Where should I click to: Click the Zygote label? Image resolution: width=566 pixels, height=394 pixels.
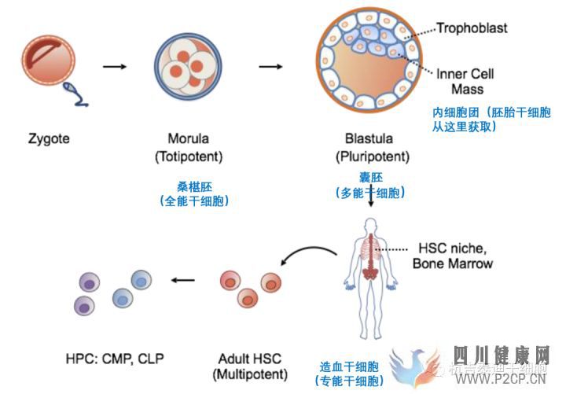(50, 138)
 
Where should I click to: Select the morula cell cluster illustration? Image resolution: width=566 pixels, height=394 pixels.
(193, 66)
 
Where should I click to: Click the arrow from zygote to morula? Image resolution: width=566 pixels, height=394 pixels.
(115, 65)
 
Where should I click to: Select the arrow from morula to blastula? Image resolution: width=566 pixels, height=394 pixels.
(271, 65)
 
